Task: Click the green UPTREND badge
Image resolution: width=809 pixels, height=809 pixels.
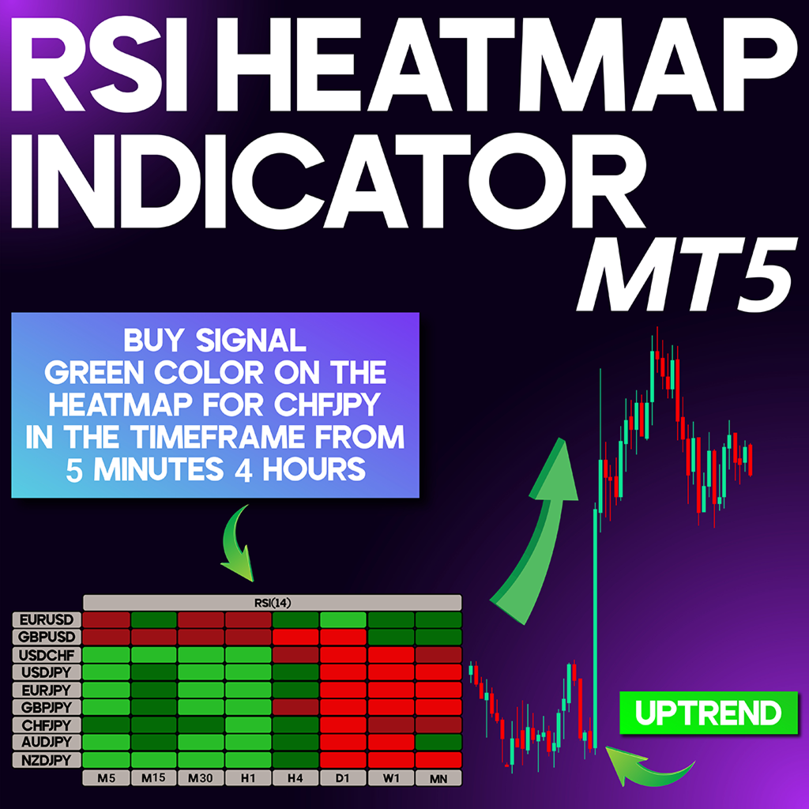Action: point(709,713)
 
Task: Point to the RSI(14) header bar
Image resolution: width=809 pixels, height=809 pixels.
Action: point(273,603)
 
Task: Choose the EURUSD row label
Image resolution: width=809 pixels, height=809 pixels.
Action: point(47,619)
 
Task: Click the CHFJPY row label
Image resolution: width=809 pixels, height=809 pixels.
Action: point(47,725)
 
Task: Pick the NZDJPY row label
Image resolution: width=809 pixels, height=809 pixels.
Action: point(47,760)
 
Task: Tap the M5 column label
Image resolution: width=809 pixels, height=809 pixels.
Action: point(107,778)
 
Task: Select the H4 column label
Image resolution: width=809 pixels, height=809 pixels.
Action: point(295,778)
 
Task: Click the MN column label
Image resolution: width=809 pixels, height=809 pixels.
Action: point(438,778)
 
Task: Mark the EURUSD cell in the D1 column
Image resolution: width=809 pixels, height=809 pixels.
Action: point(343,619)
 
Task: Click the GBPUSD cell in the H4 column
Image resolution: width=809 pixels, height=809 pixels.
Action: point(295,638)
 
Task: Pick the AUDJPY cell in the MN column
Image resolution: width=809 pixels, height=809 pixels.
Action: point(438,743)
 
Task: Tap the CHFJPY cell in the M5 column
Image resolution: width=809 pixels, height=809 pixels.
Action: point(107,725)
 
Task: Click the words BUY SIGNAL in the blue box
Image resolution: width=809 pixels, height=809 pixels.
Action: point(215,341)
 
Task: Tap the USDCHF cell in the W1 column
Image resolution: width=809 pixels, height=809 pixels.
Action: point(391,655)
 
